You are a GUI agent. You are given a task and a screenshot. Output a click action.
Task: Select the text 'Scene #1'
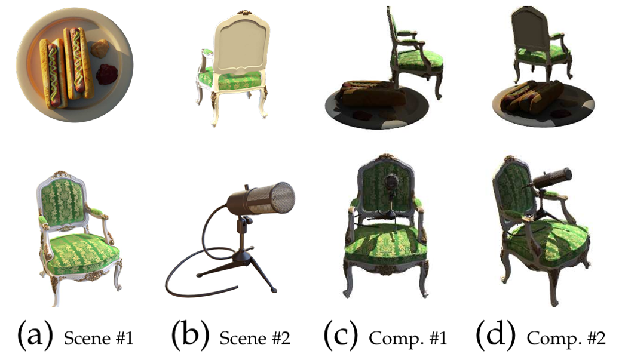click(x=99, y=338)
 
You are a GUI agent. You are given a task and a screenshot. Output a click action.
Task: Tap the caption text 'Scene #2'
click(x=255, y=338)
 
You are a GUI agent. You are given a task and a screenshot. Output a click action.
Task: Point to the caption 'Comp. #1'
click(x=408, y=339)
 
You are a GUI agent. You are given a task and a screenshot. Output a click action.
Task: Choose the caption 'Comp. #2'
click(x=566, y=339)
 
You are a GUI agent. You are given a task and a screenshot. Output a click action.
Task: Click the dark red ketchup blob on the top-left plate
click(x=106, y=74)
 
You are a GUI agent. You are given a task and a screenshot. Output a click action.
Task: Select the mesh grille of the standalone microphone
click(x=279, y=197)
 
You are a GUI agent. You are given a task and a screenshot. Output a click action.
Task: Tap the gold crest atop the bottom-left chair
click(x=60, y=174)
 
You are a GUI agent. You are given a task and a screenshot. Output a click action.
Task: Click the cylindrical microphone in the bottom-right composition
click(x=551, y=179)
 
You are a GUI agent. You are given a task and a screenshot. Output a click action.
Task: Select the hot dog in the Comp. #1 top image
click(x=373, y=94)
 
